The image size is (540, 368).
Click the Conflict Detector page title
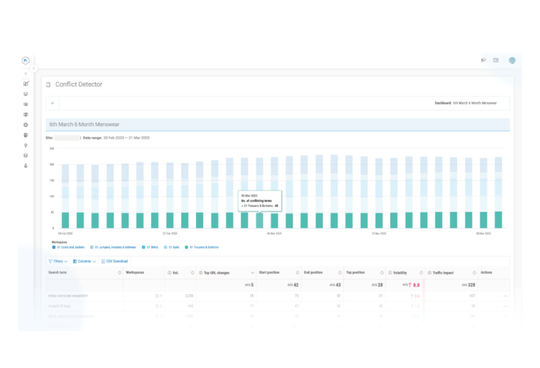coord(79,84)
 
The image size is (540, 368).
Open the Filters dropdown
coord(60,261)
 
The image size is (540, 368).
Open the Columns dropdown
coord(86,261)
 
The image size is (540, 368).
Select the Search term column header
coord(58,272)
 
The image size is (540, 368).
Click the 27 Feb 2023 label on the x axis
coord(169,233)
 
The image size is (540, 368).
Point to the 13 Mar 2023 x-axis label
coord(379,233)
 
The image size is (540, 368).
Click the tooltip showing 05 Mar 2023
coord(259,200)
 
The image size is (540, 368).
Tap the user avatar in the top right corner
coord(513,60)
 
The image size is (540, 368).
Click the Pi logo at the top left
coord(25,61)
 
